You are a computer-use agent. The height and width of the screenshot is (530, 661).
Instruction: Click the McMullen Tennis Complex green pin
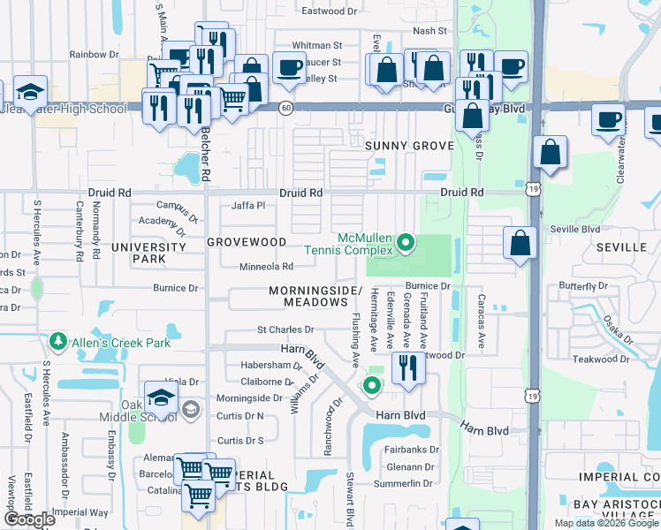coord(406,240)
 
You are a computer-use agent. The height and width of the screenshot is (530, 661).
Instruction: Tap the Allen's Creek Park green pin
coord(58,341)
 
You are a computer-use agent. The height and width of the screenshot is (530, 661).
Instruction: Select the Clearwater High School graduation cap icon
coord(29,93)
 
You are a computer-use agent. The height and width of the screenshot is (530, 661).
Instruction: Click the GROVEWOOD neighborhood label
coord(247,242)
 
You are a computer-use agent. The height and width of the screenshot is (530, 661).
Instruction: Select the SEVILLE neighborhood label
coord(622,247)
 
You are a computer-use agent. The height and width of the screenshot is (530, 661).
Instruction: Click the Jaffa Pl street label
coord(248,206)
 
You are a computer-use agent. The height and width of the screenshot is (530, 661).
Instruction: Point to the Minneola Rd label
coord(266,267)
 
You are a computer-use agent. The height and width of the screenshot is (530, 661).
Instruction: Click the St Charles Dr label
coord(285,330)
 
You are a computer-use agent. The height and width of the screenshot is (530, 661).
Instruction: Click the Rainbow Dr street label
coord(94,54)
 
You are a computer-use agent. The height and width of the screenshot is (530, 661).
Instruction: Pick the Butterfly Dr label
coord(583,286)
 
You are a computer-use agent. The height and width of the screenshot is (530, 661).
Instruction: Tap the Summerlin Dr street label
coord(403,483)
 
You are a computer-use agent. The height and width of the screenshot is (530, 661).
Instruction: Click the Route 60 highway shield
coord(285,107)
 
